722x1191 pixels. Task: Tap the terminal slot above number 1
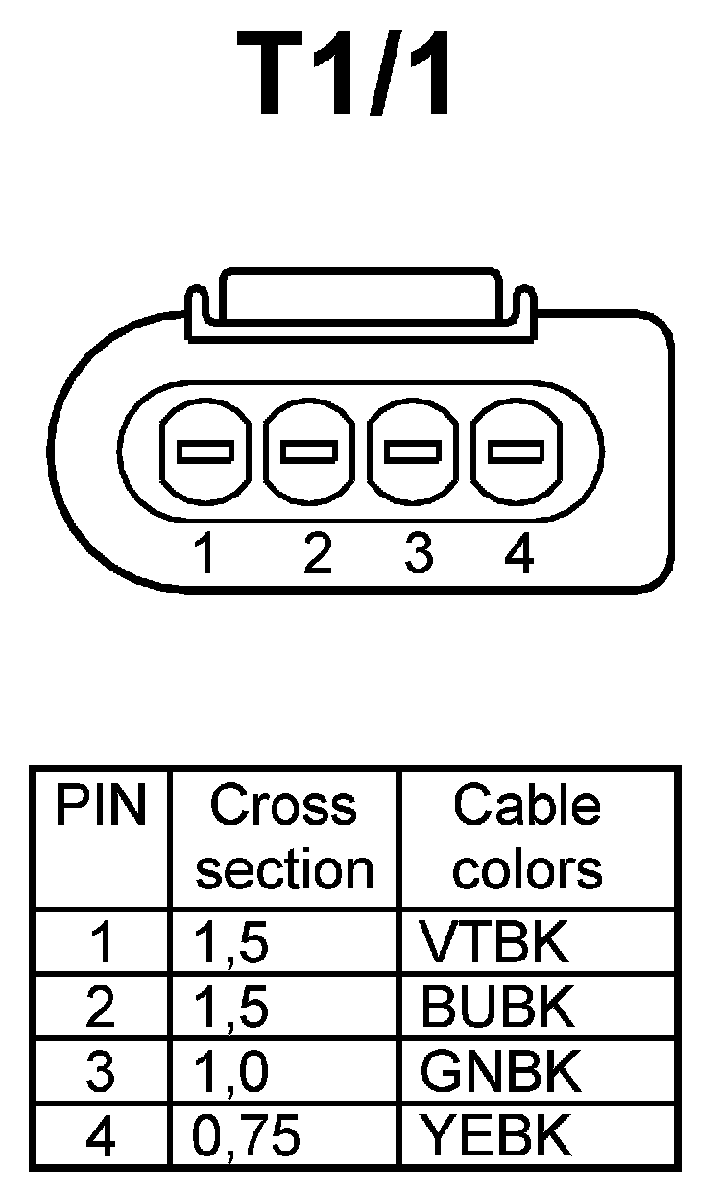[x=204, y=450]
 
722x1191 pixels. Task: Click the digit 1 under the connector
[x=204, y=554]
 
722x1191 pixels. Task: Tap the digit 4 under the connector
[x=518, y=554]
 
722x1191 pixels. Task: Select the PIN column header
[x=100, y=807]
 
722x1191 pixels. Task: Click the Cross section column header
[x=283, y=838]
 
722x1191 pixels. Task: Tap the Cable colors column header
[x=527, y=838]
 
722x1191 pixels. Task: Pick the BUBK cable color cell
[x=497, y=1008]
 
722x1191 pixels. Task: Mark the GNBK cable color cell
[x=500, y=1072]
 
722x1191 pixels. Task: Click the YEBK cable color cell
[x=496, y=1136]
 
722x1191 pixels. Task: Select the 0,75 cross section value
[x=247, y=1136]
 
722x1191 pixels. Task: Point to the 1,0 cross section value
[x=230, y=1072]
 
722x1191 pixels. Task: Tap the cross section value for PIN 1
[x=230, y=943]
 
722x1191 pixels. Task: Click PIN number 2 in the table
[x=100, y=1008]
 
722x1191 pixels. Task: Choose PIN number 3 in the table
[x=100, y=1072]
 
